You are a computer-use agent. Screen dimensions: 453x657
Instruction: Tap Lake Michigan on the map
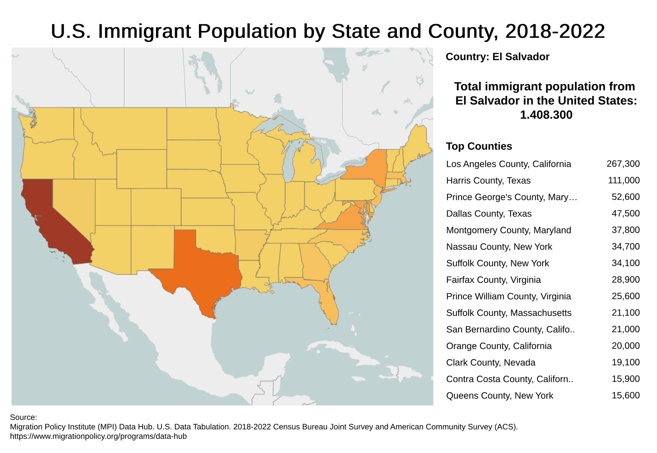[x=290, y=160]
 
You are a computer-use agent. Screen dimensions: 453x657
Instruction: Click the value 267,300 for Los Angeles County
[x=623, y=164]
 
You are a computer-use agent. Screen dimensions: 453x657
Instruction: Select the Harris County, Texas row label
[x=488, y=180]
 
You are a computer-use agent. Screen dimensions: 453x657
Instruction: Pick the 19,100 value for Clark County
[x=625, y=362]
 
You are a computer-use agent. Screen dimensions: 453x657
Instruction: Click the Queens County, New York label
[x=499, y=396]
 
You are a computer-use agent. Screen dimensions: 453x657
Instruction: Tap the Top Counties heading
[x=479, y=146]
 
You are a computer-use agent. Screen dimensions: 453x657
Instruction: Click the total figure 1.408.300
[x=546, y=115]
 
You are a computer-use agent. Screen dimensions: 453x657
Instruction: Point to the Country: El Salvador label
[x=497, y=57]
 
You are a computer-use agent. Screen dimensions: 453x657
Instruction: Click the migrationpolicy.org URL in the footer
[x=98, y=436]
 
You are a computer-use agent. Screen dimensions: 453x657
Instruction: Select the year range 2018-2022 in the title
[x=555, y=31]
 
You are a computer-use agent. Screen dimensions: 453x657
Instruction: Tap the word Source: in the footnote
[x=23, y=417]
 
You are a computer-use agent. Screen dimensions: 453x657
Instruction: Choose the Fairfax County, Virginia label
[x=493, y=280]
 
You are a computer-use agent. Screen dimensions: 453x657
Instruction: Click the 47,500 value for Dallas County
[x=625, y=214]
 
